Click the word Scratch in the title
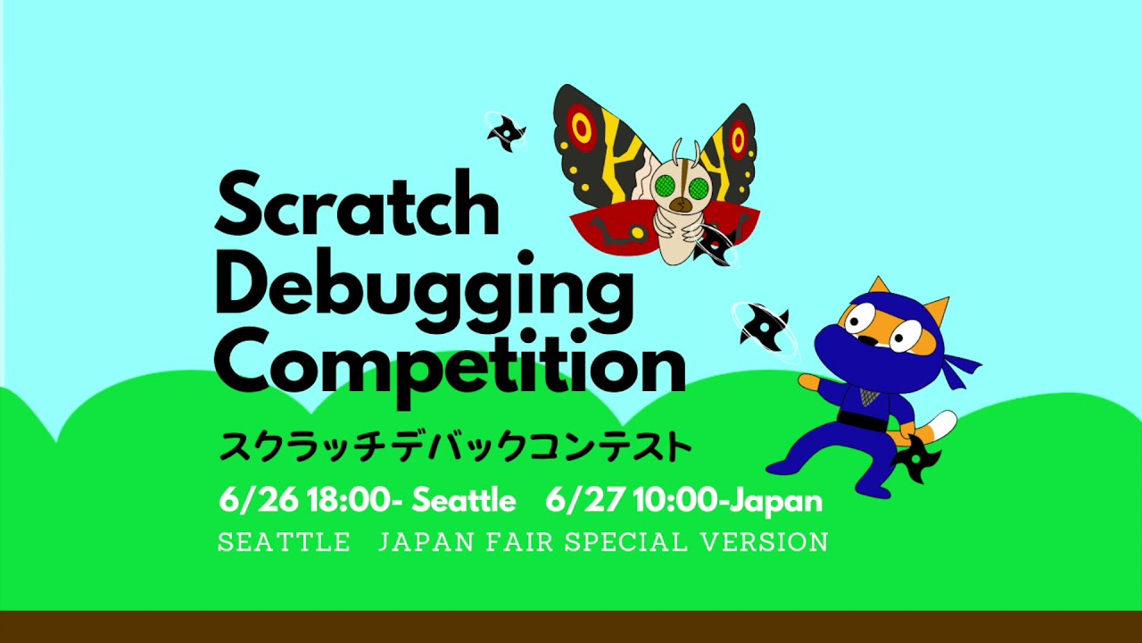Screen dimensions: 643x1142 coord(357,206)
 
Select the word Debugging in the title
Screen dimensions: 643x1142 coord(424,284)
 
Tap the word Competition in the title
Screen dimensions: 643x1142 coord(450,361)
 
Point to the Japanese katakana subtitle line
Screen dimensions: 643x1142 coord(455,446)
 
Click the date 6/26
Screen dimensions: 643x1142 coord(259,500)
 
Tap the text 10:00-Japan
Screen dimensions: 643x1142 coord(728,500)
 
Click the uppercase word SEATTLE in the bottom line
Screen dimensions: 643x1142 coord(284,542)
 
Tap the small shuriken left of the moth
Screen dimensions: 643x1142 coord(505,132)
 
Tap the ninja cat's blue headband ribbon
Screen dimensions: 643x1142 coord(960,367)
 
